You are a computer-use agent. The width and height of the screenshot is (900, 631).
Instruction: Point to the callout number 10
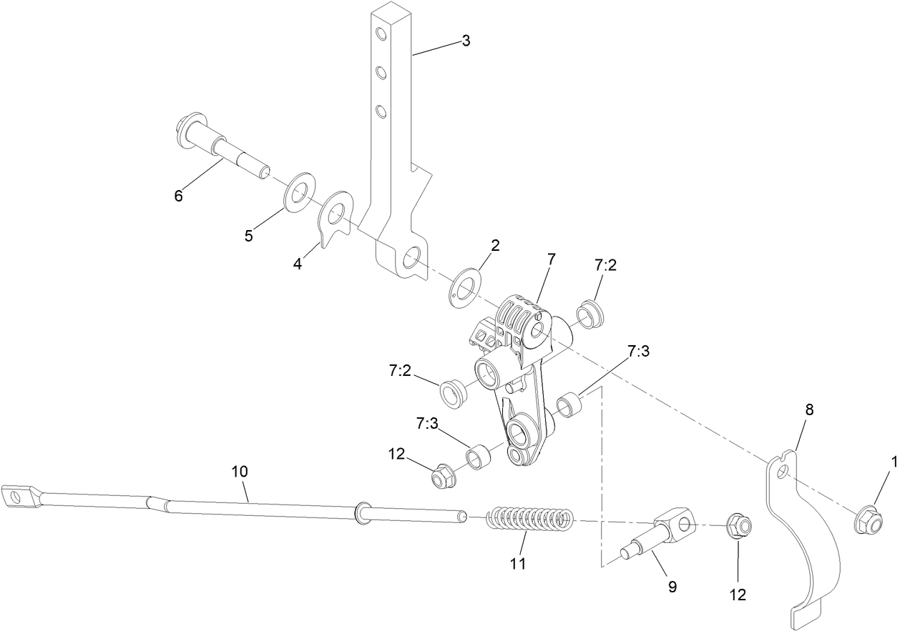click(239, 472)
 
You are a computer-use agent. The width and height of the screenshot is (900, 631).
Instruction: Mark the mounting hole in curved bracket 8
click(784, 472)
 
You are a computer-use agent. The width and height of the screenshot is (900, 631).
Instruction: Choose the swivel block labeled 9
click(672, 532)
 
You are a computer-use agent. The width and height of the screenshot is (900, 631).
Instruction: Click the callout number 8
click(809, 409)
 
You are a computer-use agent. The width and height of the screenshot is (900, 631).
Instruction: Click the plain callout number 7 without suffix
click(551, 259)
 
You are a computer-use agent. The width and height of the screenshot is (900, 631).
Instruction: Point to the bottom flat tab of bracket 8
click(807, 614)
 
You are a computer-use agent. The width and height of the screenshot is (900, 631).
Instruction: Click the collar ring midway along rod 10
click(361, 511)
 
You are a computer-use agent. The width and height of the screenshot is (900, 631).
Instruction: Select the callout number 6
click(178, 195)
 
